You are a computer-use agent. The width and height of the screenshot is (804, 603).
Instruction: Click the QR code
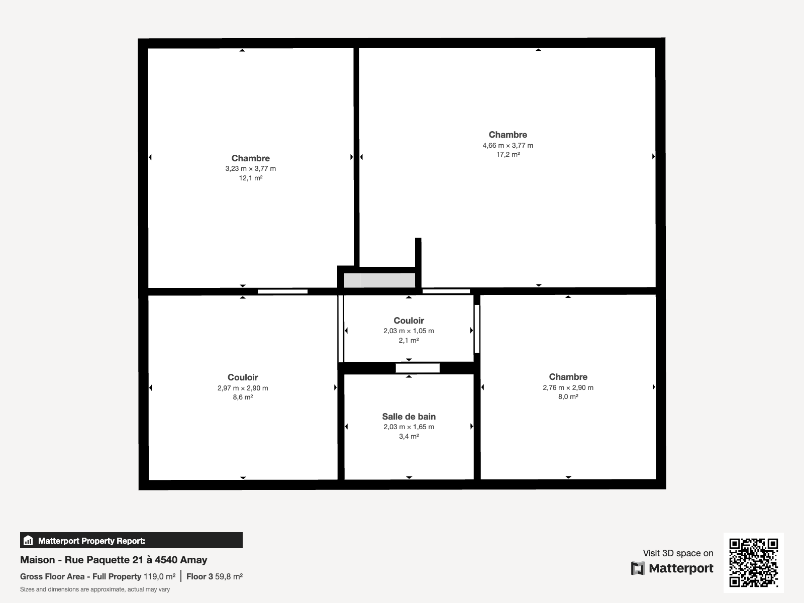[x=753, y=562]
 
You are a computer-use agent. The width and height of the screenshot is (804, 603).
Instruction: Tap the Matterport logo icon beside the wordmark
[x=638, y=568]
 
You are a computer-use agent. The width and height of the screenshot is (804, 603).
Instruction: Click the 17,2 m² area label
[x=508, y=154]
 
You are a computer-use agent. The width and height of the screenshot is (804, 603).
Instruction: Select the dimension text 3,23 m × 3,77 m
[x=251, y=168]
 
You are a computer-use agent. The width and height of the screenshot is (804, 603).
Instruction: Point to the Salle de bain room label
[x=409, y=417]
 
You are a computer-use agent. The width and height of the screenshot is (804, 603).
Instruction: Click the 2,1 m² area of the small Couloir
[x=409, y=341]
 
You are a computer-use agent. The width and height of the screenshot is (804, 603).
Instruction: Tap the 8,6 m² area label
[x=243, y=397]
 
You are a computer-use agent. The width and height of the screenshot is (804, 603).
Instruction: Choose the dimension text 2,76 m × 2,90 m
[x=568, y=387]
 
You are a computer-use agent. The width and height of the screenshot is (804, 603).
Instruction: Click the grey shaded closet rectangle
[x=379, y=280]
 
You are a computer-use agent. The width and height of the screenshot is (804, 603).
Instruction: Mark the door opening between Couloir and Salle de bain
[x=418, y=368]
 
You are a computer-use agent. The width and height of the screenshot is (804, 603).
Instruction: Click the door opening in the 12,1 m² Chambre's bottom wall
[x=282, y=291]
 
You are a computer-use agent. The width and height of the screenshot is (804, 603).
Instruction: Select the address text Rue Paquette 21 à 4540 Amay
[x=136, y=560]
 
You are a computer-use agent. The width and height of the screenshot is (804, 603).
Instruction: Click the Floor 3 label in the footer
[x=199, y=577]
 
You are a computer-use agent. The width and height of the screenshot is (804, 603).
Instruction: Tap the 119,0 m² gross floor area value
[x=159, y=577]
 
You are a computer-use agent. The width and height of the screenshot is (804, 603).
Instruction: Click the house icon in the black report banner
[x=28, y=540]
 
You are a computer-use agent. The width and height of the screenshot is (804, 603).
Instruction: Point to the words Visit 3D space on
[x=678, y=553]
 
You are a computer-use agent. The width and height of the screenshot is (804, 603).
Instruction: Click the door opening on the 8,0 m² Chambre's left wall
[x=477, y=329]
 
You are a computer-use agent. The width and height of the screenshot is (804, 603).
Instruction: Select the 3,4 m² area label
[x=409, y=436]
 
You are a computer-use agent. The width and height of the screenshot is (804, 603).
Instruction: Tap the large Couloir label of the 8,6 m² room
[x=243, y=377]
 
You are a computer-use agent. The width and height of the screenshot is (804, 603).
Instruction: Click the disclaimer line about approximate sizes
[x=95, y=589]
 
